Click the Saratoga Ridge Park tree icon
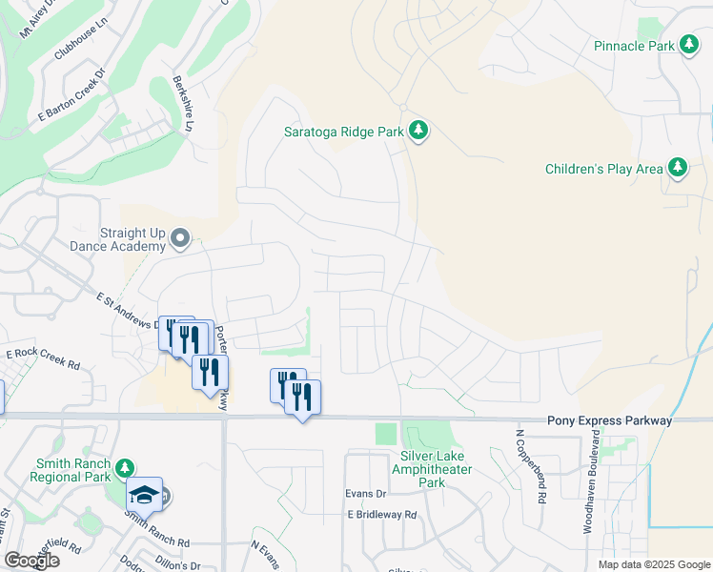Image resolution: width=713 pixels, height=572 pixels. pos(418,131)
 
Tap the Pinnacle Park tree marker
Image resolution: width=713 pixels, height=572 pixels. pos(688,46)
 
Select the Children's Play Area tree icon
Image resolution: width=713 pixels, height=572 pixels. pos(678,169)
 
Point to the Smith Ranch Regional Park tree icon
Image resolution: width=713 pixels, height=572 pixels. pos(124,468)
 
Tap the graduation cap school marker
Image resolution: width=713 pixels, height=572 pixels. pos(144,494)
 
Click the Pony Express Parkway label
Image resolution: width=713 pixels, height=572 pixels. pos(609,420)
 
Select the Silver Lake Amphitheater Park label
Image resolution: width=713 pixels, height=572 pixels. pos(432,469)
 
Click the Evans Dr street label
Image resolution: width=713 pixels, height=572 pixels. pos(367,494)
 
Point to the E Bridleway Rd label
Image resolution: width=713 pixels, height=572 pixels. pos(382,514)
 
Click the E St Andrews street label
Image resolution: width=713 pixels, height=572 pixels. pos(129,310)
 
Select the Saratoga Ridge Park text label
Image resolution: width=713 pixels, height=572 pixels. pos(344,133)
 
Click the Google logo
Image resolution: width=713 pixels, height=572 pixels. pos(31,561)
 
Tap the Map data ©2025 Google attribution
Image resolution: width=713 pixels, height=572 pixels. pos(653,564)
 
